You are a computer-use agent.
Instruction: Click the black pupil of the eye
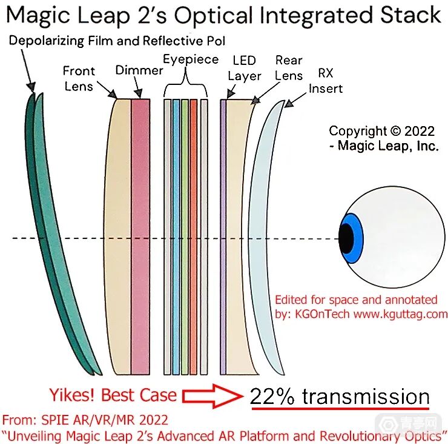point(345,238)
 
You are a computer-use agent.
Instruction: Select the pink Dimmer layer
point(140,237)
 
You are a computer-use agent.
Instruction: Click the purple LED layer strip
point(223,237)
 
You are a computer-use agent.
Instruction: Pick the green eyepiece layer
point(185,237)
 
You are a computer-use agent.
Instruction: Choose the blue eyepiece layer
point(176,237)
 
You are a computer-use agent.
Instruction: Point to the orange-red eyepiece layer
point(193,237)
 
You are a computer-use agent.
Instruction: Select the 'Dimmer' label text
point(139,70)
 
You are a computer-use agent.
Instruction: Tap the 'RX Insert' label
point(325,81)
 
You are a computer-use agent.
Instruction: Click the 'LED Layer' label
point(244,68)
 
